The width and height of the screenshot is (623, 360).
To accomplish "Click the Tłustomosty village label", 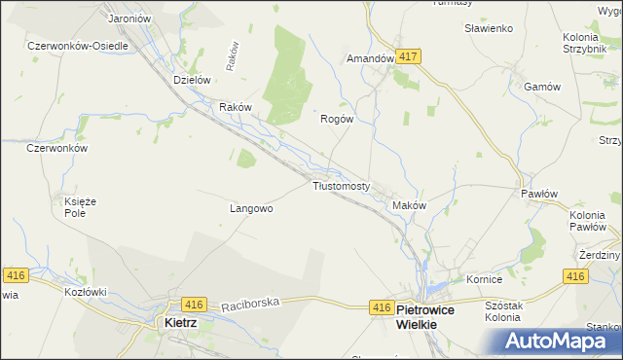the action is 341,186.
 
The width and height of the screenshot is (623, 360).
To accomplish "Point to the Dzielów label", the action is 192,81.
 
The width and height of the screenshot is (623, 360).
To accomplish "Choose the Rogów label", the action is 336,119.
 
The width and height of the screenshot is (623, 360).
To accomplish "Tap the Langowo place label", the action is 251,208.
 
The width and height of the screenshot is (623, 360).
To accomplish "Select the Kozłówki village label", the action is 85,292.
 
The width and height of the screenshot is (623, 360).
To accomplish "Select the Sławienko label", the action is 489,28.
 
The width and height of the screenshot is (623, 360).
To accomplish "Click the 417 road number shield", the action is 409,57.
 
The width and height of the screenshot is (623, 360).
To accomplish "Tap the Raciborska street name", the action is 250,304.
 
